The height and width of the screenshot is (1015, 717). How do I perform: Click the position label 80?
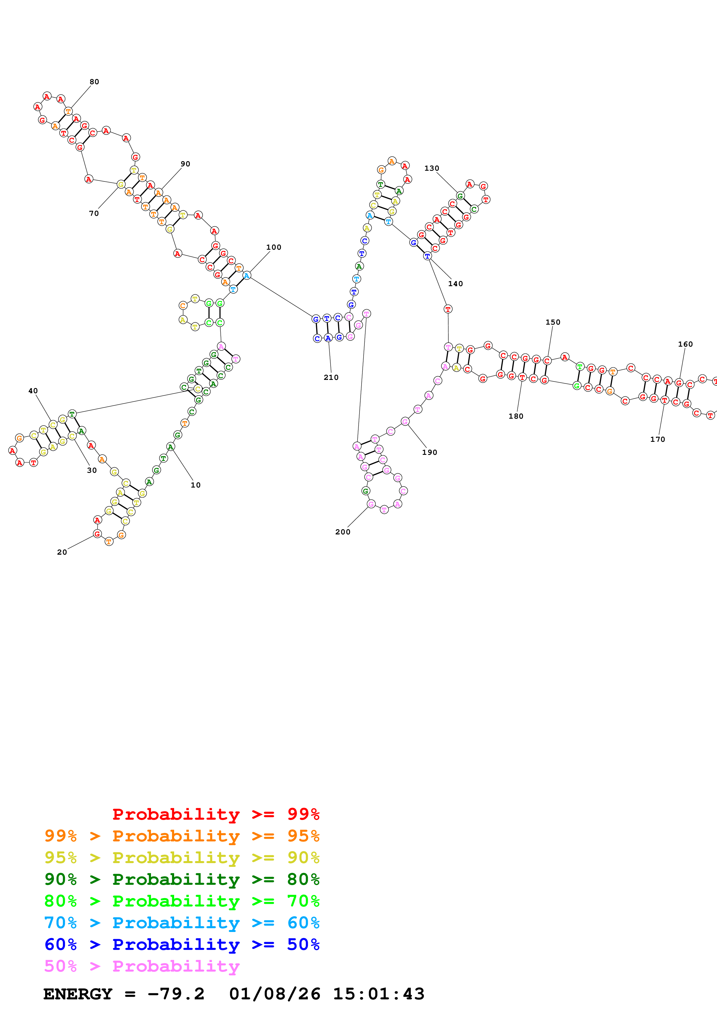[x=94, y=82]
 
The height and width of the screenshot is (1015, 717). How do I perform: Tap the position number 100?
[x=273, y=247]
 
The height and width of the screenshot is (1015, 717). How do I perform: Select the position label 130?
[x=432, y=168]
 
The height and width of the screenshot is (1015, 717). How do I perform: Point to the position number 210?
[x=331, y=377]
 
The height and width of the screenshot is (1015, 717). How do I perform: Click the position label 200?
[x=342, y=532]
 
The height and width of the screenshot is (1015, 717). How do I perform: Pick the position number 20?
[x=62, y=552]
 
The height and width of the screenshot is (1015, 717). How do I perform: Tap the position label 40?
[x=33, y=391]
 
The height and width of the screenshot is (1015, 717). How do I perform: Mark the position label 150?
[x=553, y=322]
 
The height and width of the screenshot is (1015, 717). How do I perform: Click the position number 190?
[x=430, y=452]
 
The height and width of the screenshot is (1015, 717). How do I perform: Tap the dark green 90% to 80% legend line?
[x=182, y=879]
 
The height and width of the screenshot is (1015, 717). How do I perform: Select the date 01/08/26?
[x=274, y=994]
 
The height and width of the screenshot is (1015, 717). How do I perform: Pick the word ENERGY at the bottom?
[x=78, y=994]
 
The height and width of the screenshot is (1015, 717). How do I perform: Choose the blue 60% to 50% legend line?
[x=182, y=944]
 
